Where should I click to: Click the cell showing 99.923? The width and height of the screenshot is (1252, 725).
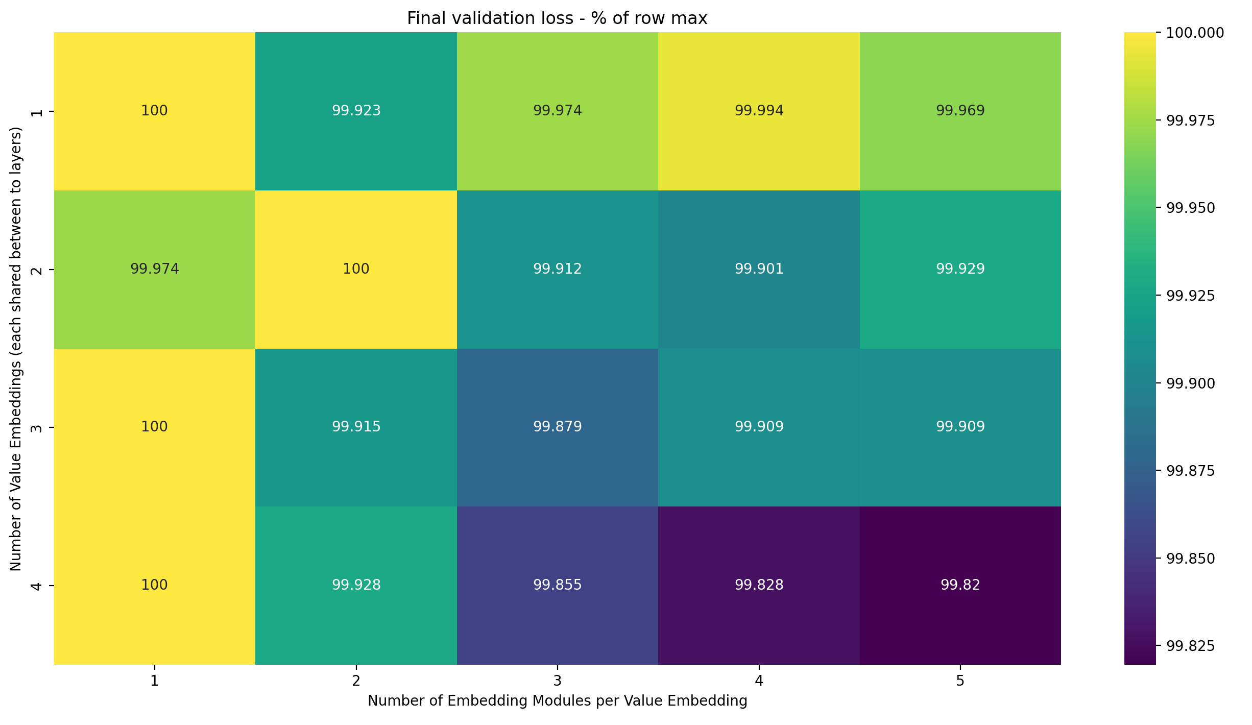click(x=356, y=111)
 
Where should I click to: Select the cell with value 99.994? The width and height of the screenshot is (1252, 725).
click(x=759, y=111)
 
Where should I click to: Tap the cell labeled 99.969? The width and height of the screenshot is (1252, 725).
click(x=960, y=111)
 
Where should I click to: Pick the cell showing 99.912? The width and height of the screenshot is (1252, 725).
click(x=557, y=269)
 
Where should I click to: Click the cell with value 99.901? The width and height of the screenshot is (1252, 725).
click(x=759, y=269)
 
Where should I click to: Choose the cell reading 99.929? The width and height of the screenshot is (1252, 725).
click(x=960, y=269)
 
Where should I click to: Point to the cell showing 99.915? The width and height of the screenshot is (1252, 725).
click(x=356, y=427)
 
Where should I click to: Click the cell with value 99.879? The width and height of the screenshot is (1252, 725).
click(x=557, y=427)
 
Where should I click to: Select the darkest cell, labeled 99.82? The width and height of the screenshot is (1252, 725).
click(x=960, y=585)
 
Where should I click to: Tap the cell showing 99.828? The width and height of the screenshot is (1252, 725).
click(x=759, y=585)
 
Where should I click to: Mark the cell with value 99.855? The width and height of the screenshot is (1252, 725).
click(x=557, y=585)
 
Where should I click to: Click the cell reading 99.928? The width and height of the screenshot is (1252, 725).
click(x=356, y=585)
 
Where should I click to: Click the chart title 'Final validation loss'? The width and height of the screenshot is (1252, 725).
click(x=557, y=18)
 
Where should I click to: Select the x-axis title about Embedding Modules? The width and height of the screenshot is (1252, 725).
click(x=557, y=700)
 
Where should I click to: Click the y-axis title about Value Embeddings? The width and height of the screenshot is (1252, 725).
click(x=16, y=348)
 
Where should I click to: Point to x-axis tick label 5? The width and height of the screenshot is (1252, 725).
click(x=960, y=681)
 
